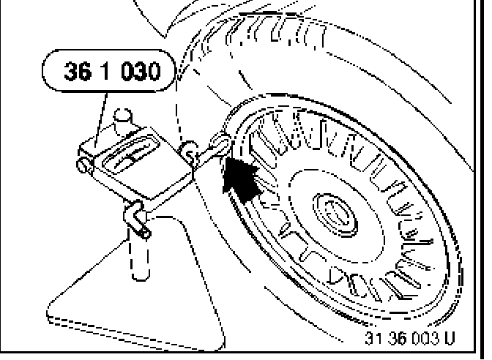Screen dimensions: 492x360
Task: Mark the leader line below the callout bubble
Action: (x=105, y=110)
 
